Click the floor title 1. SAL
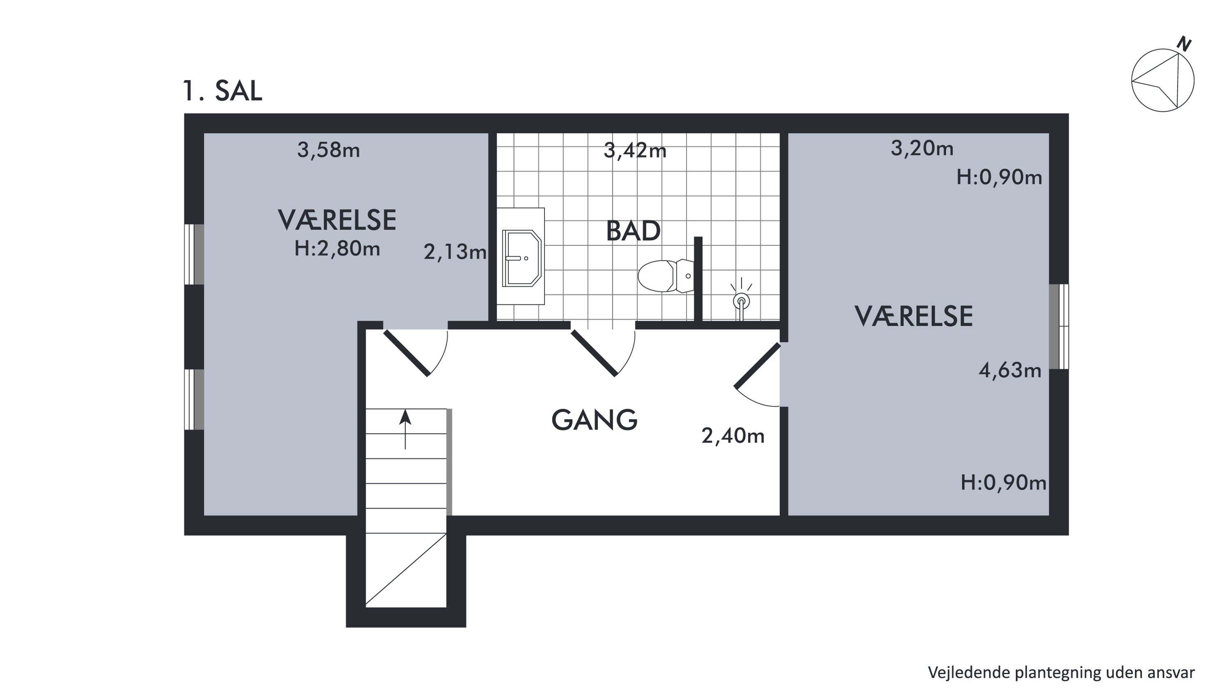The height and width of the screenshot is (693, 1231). coord(222,90)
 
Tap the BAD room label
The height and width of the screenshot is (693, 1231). coord(633,231)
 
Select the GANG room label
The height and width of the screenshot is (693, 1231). coord(595,420)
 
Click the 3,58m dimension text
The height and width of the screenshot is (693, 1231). coord(328,150)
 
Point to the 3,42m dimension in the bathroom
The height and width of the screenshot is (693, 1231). coord(635,151)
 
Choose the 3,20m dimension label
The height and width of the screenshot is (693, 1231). coord(922,148)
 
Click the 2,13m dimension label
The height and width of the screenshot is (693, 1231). coord(455,252)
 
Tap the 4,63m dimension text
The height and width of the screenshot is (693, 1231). coord(1010,370)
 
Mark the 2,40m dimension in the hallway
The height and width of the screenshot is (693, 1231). coord(733,436)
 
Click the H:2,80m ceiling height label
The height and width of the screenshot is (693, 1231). coord(337,249)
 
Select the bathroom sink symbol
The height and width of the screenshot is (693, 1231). coord(522,258)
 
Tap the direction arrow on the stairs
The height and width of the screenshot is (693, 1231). coord(405,429)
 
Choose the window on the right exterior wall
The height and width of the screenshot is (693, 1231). coord(1059,327)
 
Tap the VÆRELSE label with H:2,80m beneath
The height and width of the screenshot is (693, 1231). coord(337,220)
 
